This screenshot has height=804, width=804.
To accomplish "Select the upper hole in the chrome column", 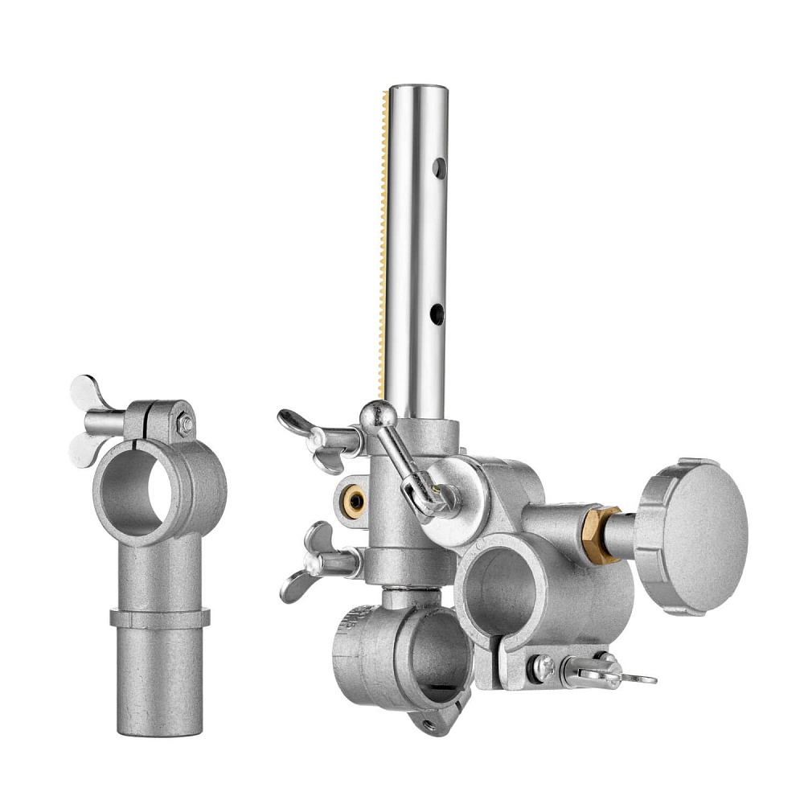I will tap(438, 169).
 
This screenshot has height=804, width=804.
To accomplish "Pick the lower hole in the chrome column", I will tap(436, 314).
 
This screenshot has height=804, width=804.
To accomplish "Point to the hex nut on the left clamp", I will tap(185, 425).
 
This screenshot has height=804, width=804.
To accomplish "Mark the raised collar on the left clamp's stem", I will tap(159, 618).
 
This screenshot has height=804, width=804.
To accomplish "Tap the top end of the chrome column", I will tap(418, 90).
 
